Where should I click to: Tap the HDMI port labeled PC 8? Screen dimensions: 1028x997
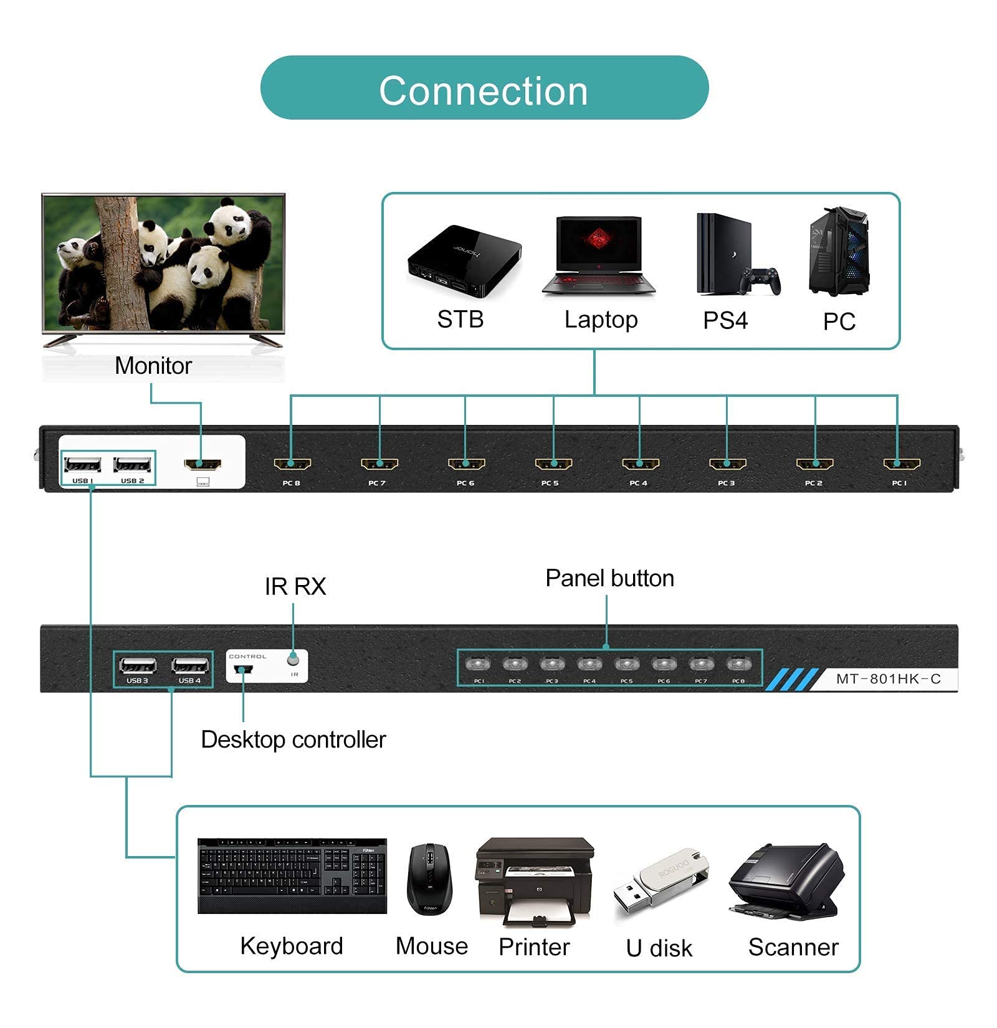[292, 464]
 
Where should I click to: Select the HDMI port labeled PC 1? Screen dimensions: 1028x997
[902, 464]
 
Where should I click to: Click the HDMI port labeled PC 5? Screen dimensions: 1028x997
[553, 464]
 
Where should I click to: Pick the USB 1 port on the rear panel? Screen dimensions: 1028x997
[83, 465]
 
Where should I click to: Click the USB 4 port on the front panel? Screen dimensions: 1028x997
[190, 666]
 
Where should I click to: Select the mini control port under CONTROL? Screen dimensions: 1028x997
[243, 670]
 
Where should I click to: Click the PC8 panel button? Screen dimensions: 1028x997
[737, 664]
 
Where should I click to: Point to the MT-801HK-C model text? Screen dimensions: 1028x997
[888, 679]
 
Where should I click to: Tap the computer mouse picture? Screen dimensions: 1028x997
[429, 878]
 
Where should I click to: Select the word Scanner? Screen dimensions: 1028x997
[793, 947]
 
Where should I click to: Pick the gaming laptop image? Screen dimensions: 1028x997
[599, 255]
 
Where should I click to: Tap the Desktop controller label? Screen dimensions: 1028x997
[293, 740]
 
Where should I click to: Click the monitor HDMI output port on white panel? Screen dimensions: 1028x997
[203, 464]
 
